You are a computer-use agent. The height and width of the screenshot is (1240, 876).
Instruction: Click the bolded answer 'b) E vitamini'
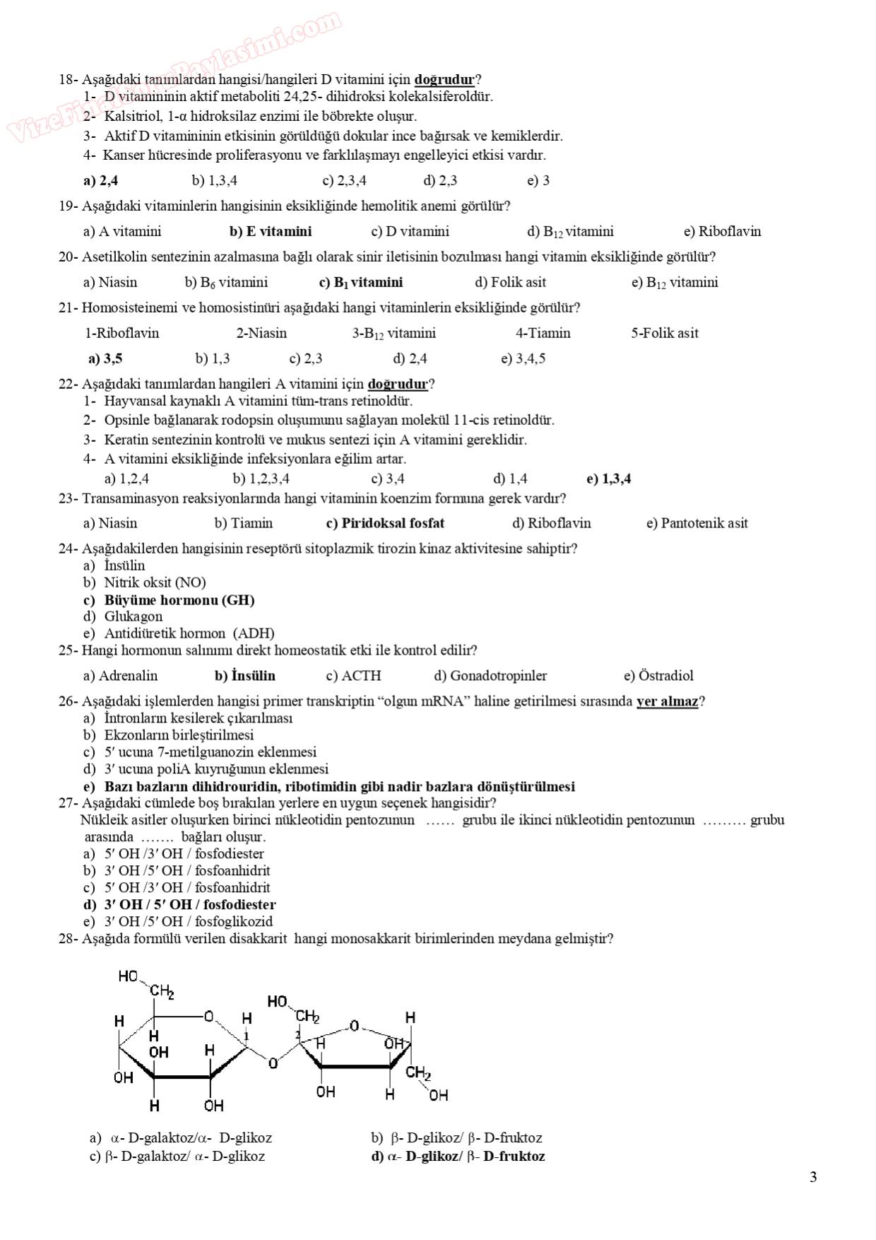click(271, 231)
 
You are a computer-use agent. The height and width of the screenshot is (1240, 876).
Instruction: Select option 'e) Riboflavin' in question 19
click(722, 231)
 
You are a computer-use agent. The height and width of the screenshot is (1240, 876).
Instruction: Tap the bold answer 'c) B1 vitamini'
click(361, 282)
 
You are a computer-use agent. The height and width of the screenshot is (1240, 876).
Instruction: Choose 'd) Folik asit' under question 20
click(510, 282)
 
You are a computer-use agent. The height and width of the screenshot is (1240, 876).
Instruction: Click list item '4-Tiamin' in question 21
click(543, 333)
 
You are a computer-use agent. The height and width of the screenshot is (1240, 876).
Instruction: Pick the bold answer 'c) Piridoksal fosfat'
click(385, 523)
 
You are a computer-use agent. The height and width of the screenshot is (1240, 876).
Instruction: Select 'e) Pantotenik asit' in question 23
click(697, 523)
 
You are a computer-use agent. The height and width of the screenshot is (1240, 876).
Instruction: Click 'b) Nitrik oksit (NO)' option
click(145, 583)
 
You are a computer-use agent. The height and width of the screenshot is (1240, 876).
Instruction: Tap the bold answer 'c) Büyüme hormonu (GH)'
click(169, 600)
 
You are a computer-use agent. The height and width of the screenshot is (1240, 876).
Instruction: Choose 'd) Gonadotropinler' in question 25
click(490, 676)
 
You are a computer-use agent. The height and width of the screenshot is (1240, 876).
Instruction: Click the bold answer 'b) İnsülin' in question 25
click(244, 676)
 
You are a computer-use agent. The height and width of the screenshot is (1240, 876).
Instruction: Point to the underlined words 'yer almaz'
click(667, 701)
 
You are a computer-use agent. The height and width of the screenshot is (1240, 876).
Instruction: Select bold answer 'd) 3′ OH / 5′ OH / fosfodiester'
click(179, 905)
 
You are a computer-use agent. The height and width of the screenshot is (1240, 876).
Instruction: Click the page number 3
click(813, 1177)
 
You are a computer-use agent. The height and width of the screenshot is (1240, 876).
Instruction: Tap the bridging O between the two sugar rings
click(273, 1063)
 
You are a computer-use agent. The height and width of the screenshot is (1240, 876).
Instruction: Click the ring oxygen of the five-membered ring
click(355, 1025)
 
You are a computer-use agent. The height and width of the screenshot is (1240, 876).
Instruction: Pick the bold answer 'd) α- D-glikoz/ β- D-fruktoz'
click(458, 1157)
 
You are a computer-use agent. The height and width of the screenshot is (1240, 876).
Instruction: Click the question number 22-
click(68, 384)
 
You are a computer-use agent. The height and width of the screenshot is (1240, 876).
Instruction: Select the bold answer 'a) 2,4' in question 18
click(100, 180)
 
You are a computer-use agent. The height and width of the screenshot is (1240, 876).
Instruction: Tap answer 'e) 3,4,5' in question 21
click(523, 358)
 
